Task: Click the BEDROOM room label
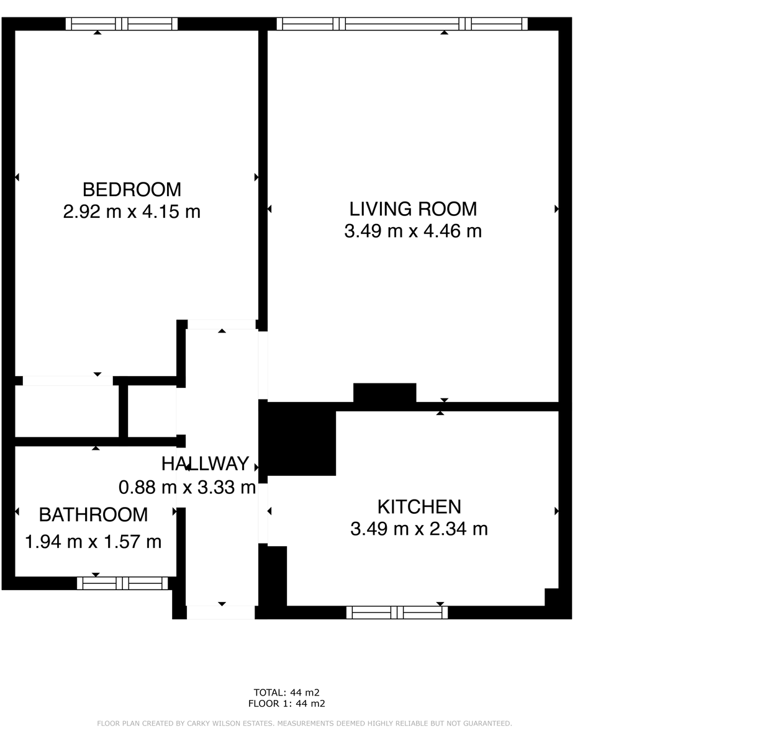pos(132,189)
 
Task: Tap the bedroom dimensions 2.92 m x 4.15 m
pos(132,212)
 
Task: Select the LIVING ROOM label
pos(413,208)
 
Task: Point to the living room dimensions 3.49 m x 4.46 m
pos(413,231)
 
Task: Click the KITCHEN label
pos(419,507)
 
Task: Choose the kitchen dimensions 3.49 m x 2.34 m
pos(419,529)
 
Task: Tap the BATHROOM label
pos(93,514)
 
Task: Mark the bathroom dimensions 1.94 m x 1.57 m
pos(93,542)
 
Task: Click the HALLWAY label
pos(205,464)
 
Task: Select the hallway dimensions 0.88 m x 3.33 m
pos(187,487)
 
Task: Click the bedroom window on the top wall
pos(122,24)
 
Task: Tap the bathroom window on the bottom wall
pos(122,583)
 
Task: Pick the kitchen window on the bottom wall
pos(397,612)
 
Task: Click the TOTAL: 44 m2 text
pos(286,692)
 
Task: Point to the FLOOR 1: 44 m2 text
pos(286,704)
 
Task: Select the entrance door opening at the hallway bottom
pos(221,612)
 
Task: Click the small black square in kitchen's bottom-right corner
pos(551,596)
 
